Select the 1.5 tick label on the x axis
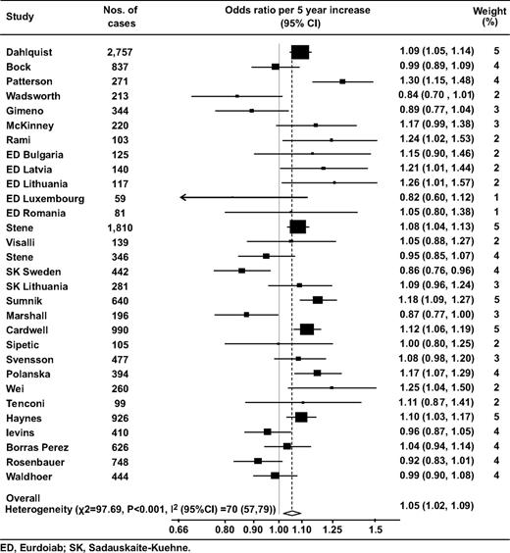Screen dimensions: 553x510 tap(375, 529)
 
